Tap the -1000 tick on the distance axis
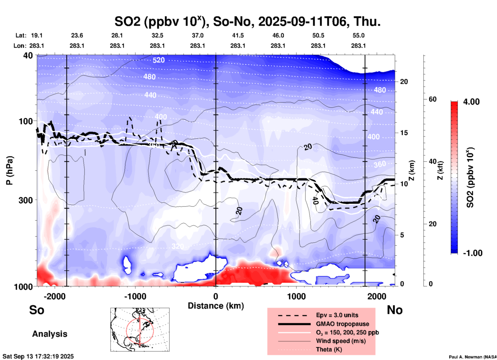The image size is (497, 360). [135, 296]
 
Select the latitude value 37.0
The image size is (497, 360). [197, 35]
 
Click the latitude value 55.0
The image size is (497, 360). [358, 35]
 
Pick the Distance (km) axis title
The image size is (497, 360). [216, 306]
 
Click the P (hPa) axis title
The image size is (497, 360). [10, 170]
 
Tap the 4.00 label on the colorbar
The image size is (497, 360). [471, 102]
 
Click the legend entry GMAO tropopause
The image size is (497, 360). [342, 324]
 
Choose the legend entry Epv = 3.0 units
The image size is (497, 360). [337, 315]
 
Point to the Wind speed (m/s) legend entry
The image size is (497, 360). [341, 341]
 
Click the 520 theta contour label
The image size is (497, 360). [158, 60]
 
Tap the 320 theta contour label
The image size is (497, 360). [178, 246]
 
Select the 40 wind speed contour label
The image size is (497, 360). [315, 200]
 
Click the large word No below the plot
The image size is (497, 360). [395, 310]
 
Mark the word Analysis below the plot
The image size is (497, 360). [50, 334]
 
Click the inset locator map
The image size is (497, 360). [140, 329]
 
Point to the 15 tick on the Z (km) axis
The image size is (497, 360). [404, 133]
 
